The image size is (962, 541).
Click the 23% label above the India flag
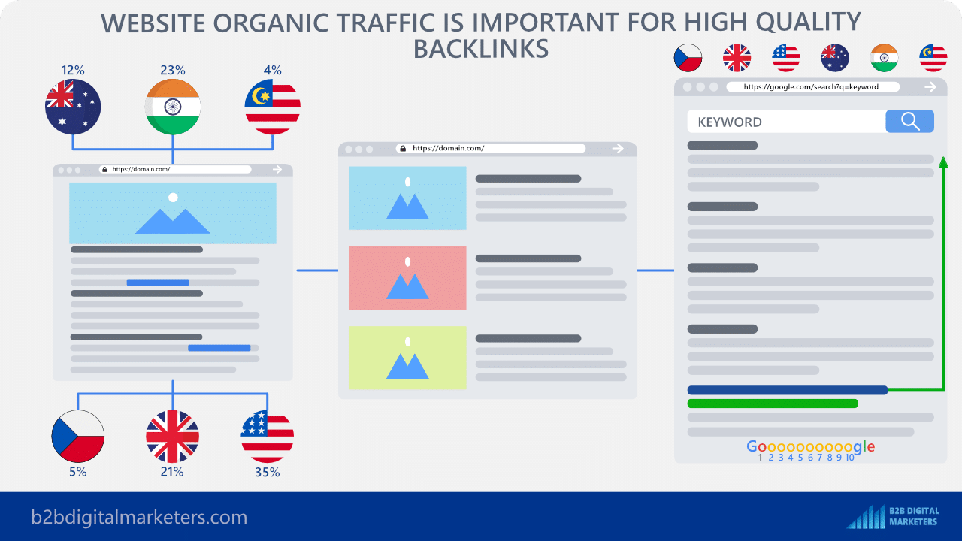click(x=173, y=70)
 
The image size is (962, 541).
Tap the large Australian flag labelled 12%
click(x=73, y=107)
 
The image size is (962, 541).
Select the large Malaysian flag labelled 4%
click(x=272, y=107)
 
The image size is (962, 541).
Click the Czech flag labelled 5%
click(x=77, y=437)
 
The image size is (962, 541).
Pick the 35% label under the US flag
click(x=267, y=473)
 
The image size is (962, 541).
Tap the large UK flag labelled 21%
click(x=172, y=437)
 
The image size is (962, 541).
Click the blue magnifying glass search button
click(x=909, y=121)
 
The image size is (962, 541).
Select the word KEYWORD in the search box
click(x=730, y=122)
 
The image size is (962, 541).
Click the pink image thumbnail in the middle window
click(x=407, y=278)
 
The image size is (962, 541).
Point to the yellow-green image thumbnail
click(x=407, y=358)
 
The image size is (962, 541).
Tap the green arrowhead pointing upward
click(x=943, y=162)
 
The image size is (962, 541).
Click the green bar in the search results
click(x=773, y=403)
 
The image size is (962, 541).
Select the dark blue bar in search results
click(x=788, y=390)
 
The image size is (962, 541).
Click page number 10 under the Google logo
click(x=849, y=458)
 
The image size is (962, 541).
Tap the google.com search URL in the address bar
click(x=811, y=87)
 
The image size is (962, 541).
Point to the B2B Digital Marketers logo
click(x=892, y=516)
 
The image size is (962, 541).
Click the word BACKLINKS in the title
click(x=481, y=49)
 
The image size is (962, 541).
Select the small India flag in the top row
click(x=885, y=58)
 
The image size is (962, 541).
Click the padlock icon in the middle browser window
click(x=402, y=149)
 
